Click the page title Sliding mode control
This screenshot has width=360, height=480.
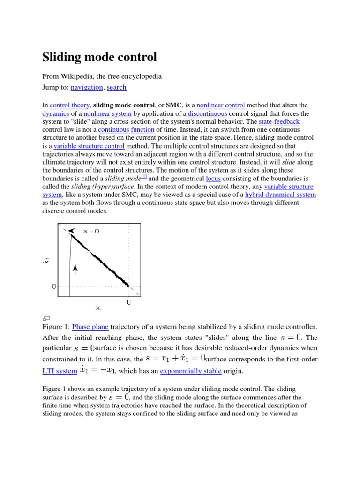[99, 58]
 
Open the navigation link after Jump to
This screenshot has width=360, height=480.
[87, 87]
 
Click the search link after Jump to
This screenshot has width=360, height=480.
[116, 87]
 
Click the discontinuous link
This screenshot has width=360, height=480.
[208, 113]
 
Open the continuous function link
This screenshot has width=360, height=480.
[126, 129]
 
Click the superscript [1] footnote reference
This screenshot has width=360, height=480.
[144, 177]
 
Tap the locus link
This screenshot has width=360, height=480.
[213, 179]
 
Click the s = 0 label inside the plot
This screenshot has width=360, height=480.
[91, 231]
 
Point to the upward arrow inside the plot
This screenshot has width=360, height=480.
[75, 268]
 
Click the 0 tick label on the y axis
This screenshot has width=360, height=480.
[54, 286]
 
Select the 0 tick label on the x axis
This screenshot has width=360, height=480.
[129, 303]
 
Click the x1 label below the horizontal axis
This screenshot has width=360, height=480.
[99, 308]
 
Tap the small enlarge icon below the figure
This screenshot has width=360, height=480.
[46, 318]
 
